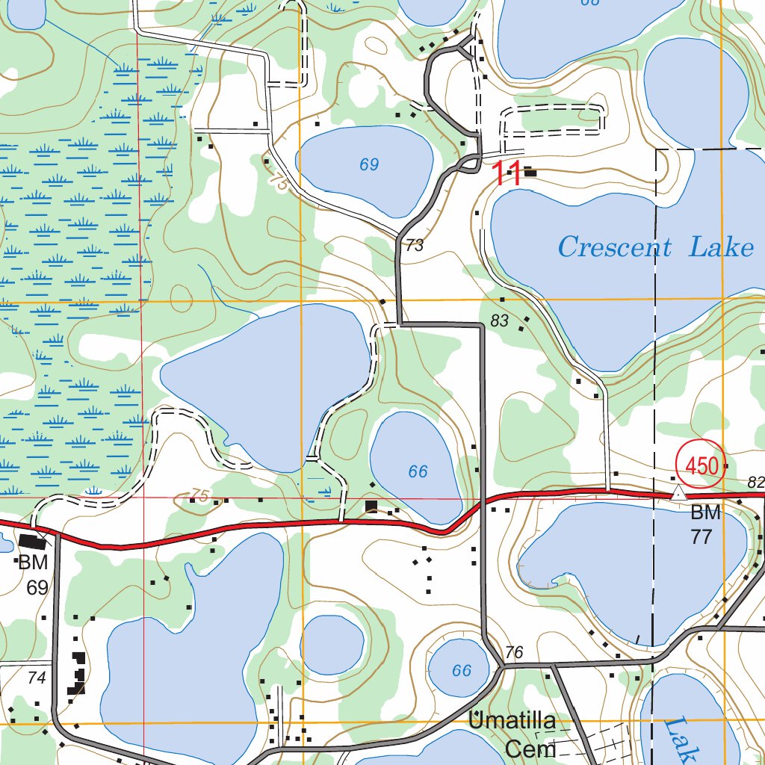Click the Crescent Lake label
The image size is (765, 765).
pyautogui.click(x=655, y=247)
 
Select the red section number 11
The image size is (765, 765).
pyautogui.click(x=506, y=174)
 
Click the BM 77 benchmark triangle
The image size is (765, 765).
pyautogui.click(x=678, y=494)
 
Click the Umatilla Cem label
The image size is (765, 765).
pyautogui.click(x=512, y=734)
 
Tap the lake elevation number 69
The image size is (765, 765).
pyautogui.click(x=369, y=165)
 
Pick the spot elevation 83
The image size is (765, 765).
pyautogui.click(x=500, y=321)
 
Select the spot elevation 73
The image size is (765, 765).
pyautogui.click(x=415, y=246)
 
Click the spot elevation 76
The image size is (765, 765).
pyautogui.click(x=514, y=652)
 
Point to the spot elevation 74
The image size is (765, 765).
pyautogui.click(x=36, y=678)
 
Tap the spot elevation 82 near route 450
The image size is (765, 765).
pyautogui.click(x=756, y=482)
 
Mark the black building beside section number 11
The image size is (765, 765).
pyautogui.click(x=530, y=173)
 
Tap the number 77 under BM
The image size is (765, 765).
pyautogui.click(x=701, y=536)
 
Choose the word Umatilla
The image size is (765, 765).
pyautogui.click(x=512, y=722)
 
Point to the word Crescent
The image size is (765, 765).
pyautogui.click(x=614, y=247)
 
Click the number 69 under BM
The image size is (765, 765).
pyautogui.click(x=37, y=587)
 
